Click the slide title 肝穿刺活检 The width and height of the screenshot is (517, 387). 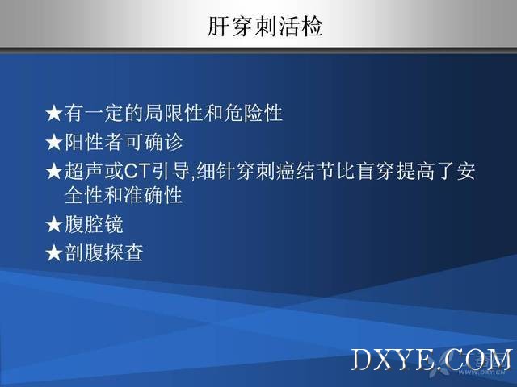click(265, 26)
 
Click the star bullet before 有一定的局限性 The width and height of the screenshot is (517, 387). click(54, 114)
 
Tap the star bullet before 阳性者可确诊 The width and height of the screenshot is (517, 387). click(54, 143)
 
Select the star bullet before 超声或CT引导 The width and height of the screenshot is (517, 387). click(54, 172)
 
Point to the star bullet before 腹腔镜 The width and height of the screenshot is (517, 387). click(54, 225)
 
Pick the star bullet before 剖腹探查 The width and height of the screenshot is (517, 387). click(54, 253)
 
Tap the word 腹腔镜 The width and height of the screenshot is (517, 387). click(94, 224)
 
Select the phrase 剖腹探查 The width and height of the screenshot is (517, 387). click(103, 252)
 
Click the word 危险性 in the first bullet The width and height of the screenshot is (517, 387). click(253, 113)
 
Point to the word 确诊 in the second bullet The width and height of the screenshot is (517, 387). click(163, 142)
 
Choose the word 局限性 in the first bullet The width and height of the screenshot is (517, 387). click(174, 113)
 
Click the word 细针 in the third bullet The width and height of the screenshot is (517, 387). click(216, 172)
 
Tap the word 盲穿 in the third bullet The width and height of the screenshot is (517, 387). click(376, 172)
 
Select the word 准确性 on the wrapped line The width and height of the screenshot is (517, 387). click(153, 195)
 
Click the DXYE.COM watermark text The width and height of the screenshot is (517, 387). click(431, 360)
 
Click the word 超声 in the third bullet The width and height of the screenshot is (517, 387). click(84, 172)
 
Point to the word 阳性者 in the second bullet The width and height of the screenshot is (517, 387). click(94, 142)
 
